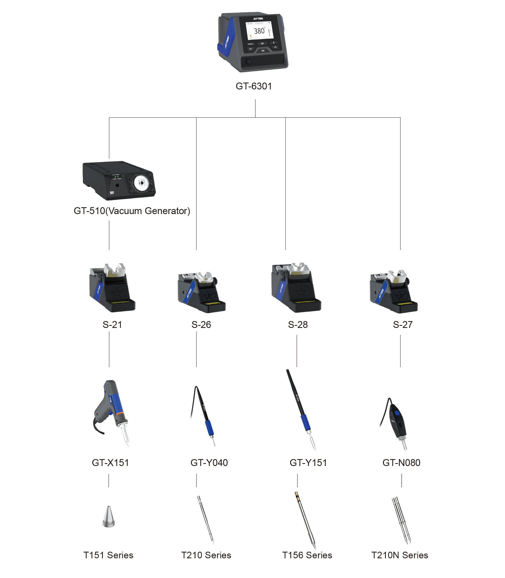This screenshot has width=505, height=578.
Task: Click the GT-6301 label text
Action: click(x=254, y=86)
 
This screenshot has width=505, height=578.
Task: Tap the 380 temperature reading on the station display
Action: click(x=259, y=31)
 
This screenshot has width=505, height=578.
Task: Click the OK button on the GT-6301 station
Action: click(x=263, y=51)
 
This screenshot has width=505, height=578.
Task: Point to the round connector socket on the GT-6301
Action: click(x=249, y=62)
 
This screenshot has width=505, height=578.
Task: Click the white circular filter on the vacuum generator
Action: click(x=142, y=183)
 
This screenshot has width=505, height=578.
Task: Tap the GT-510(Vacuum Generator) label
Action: click(x=132, y=211)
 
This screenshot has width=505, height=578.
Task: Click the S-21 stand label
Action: click(x=112, y=325)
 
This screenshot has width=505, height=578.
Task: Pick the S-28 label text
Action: click(x=297, y=325)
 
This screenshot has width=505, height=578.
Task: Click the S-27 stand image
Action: click(x=394, y=292)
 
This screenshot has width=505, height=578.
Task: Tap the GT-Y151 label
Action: click(x=308, y=463)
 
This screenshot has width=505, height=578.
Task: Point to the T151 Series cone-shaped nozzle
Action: click(x=108, y=517)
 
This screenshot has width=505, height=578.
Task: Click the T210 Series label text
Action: click(x=206, y=555)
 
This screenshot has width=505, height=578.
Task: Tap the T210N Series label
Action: click(x=400, y=555)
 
